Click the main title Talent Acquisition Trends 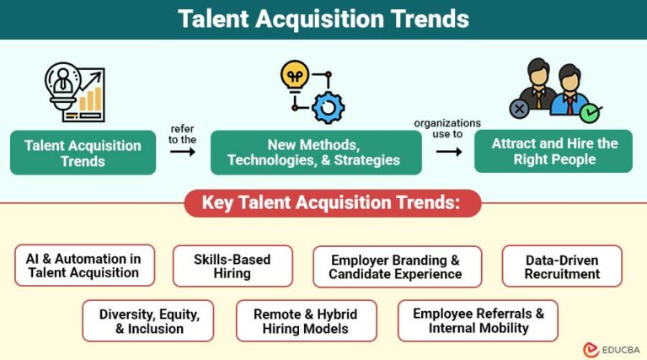[x=323, y=19]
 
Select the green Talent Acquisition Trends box [x=83, y=153]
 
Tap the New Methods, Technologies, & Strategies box [x=315, y=153]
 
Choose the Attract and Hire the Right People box [x=553, y=152]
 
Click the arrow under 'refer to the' [x=182, y=152]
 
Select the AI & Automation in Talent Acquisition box [x=84, y=266]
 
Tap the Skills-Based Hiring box [x=233, y=266]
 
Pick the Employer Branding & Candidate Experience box [x=396, y=266]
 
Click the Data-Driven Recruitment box [x=561, y=266]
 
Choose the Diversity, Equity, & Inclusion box [x=148, y=321]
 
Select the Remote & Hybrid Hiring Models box [x=306, y=321]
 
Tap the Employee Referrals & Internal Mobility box [x=478, y=321]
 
